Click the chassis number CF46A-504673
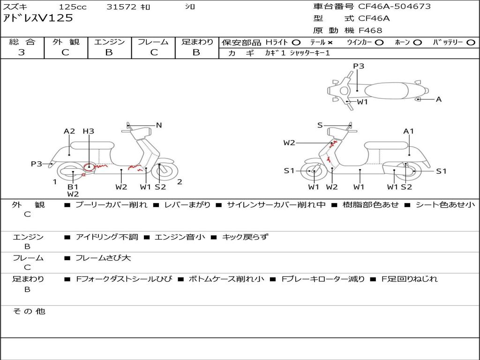394,7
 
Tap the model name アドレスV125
38,18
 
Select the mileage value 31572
121,7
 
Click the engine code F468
370,30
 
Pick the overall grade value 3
22,52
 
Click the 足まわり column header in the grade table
197,42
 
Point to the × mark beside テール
330,43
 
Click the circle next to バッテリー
471,43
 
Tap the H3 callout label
89,131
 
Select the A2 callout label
69,131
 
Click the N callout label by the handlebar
159,125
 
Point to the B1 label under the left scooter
73,187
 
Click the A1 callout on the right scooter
409,131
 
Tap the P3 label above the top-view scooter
359,66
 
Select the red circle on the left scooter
89,167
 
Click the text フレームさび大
103,258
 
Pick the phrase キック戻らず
245,237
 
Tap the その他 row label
29,311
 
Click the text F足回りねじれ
410,279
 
